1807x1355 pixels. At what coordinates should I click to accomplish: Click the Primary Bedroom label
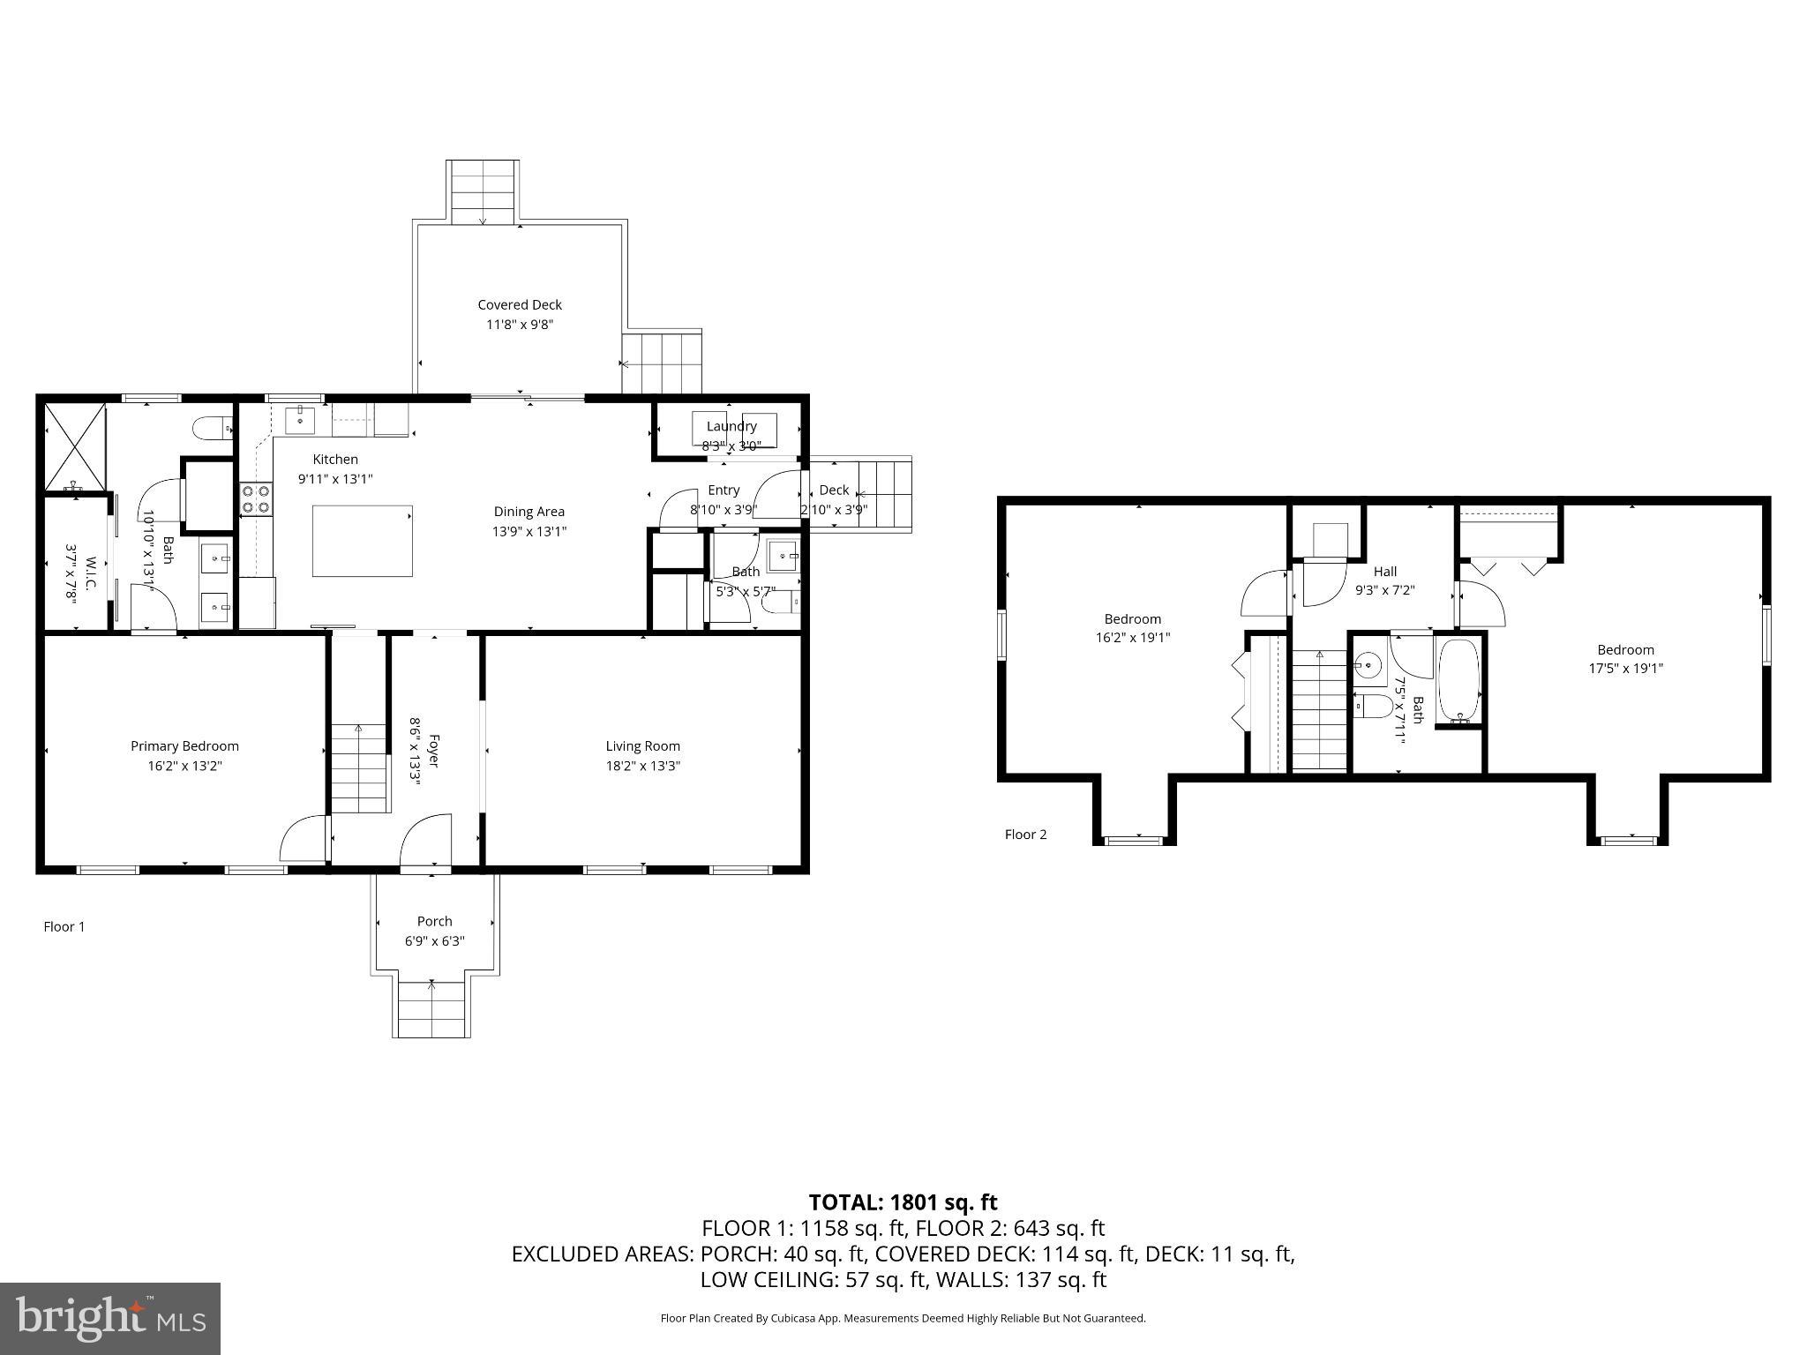184,746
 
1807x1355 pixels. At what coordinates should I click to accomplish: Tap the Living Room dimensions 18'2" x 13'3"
642,766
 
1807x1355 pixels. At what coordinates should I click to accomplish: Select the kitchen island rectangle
363,541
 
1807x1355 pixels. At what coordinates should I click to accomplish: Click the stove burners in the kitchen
256,499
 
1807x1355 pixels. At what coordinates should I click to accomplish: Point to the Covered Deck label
520,305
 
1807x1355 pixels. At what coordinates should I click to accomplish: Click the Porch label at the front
434,921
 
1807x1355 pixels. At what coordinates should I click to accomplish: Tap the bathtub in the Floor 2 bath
1459,680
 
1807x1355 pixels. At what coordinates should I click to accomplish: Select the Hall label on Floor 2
1384,572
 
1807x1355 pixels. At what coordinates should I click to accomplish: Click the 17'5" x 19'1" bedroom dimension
1625,669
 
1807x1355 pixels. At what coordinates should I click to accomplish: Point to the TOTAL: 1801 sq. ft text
903,1202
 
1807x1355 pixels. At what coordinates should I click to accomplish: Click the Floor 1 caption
64,926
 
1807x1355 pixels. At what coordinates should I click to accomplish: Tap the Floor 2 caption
1025,835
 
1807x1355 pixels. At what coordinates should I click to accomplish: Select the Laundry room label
731,426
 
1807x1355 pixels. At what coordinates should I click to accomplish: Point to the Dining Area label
529,512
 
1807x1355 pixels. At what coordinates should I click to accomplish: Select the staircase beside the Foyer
359,767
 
